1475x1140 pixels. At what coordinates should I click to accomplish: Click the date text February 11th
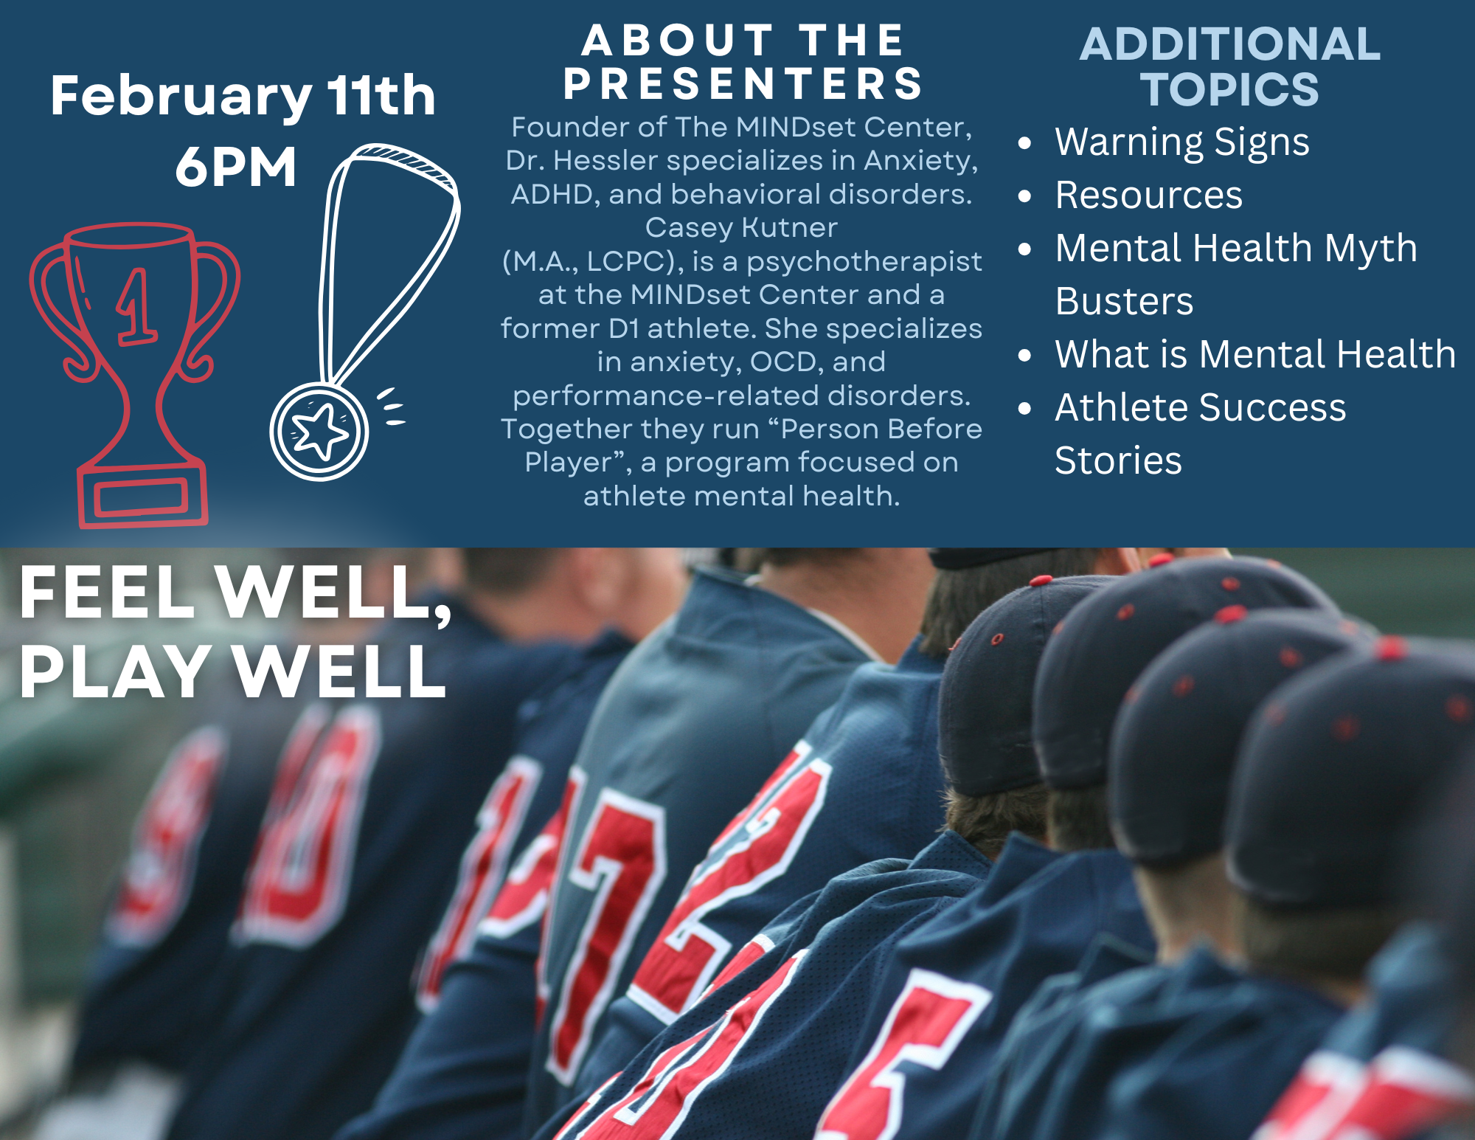(243, 97)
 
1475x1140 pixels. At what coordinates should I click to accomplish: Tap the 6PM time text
(236, 167)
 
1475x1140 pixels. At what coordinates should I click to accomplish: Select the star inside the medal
(319, 431)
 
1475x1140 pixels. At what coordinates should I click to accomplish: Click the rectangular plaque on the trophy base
(142, 496)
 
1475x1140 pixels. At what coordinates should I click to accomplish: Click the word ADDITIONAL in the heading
(1230, 44)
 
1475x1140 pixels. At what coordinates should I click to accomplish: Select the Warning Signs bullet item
(1182, 142)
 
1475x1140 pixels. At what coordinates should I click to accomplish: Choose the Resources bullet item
(1149, 196)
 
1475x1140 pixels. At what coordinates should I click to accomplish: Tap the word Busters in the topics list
(1124, 301)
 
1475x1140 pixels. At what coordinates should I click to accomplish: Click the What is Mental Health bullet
(1255, 354)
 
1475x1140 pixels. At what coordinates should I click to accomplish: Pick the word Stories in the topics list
(1118, 460)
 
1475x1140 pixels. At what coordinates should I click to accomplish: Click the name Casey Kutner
(741, 227)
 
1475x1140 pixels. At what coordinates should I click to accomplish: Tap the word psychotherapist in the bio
(864, 263)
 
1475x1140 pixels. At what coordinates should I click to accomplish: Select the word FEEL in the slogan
(107, 592)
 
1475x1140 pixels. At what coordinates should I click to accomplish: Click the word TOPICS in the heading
(1230, 89)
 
